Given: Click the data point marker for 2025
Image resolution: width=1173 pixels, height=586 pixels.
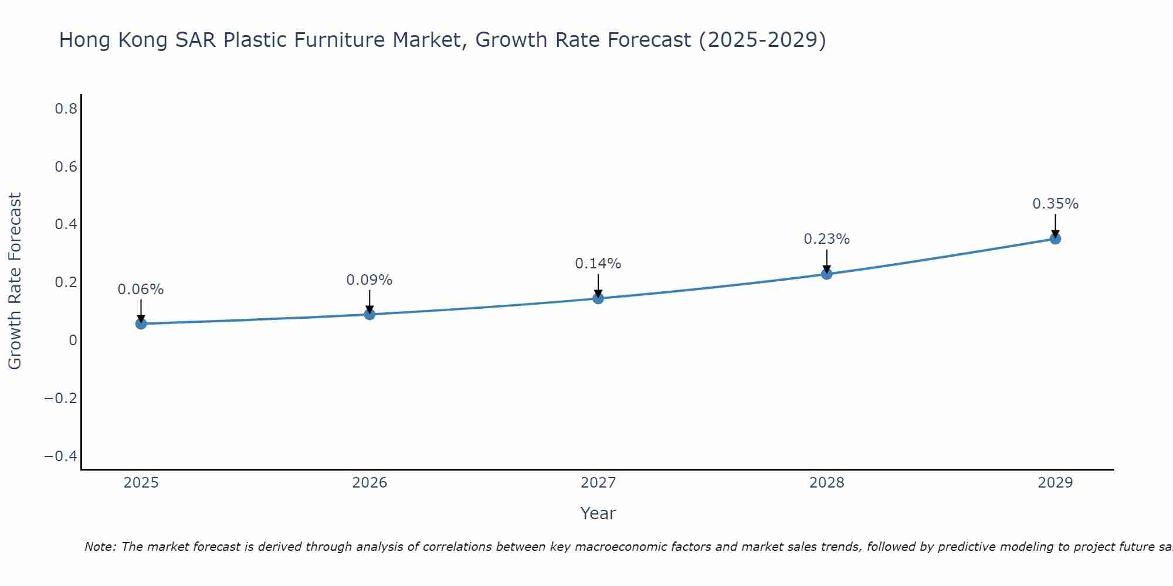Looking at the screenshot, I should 141,323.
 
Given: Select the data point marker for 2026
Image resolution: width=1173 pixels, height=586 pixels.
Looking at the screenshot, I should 369,314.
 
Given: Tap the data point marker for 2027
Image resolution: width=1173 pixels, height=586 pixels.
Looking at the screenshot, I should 598,298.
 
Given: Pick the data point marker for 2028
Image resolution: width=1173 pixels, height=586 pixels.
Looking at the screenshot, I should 827,274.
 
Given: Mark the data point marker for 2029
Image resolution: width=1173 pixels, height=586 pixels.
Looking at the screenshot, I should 1055,239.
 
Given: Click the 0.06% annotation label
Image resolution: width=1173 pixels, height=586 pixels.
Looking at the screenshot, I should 141,289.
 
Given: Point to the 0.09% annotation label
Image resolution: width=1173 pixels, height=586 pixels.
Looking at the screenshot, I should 369,280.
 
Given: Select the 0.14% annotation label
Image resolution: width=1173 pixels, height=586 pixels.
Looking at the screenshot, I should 598,264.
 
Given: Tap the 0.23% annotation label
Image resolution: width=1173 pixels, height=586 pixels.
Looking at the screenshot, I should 827,239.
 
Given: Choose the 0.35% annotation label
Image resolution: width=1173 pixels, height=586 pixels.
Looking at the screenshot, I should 1055,204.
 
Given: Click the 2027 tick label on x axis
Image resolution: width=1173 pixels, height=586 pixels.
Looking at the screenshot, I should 598,483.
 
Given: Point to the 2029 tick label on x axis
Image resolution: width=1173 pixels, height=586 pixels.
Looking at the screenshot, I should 1055,483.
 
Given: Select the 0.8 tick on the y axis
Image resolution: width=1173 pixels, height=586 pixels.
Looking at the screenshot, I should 66,109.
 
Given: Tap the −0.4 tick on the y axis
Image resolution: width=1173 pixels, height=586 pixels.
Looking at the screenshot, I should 61,456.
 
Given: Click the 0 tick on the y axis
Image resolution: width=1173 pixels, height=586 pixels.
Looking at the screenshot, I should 73,340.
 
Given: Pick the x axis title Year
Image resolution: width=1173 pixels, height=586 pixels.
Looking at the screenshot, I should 598,513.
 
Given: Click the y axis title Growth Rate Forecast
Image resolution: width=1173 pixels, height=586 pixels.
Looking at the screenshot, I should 15,281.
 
